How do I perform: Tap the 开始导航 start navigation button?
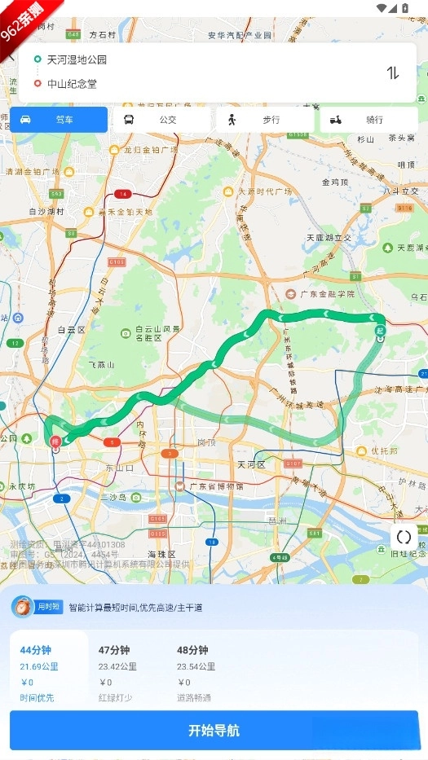pos(214,730)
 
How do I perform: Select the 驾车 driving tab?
pos(59,120)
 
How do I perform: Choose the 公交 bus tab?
pos(161,120)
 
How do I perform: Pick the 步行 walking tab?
pos(264,120)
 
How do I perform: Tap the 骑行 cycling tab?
pos(368,120)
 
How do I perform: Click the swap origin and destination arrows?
pos(393,72)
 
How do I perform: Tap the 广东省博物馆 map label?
pos(215,486)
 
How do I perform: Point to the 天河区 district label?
pos(251,464)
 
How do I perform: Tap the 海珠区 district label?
pos(161,531)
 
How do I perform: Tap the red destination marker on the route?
pos(55,442)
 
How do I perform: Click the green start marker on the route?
pos(380,332)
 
